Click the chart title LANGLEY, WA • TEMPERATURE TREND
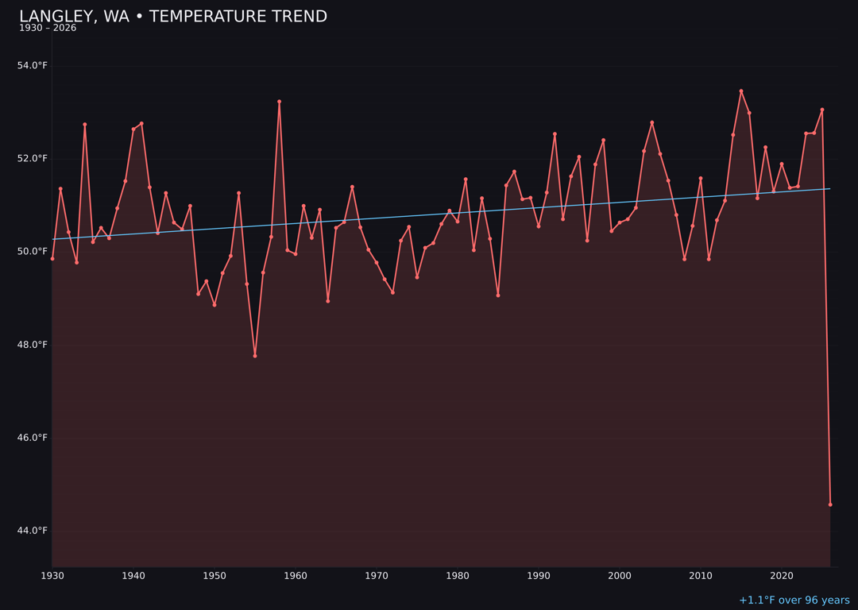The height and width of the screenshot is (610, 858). pos(173,17)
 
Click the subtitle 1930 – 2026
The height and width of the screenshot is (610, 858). pos(48,29)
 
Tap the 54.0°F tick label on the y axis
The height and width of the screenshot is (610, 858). pos(33,66)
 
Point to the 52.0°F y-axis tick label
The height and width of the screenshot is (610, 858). pos(33,159)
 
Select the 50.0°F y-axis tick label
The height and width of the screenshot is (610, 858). pos(33,252)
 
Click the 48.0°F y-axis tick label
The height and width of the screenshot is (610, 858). pos(33,345)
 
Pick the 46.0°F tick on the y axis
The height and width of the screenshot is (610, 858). pos(33,438)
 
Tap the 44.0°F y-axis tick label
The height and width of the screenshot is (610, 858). pos(33,531)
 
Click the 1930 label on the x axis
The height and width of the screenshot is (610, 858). pos(52,576)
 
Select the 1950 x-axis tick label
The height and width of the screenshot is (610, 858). pos(214,576)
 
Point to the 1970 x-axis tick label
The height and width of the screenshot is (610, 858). pos(377,576)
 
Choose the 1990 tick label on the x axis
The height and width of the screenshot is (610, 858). pos(539,576)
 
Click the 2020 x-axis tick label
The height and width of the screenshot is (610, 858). pos(782,576)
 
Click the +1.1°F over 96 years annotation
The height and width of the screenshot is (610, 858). pos(794,600)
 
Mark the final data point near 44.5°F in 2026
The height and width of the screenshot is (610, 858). pos(830,504)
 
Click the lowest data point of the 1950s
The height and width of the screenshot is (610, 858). pos(255,356)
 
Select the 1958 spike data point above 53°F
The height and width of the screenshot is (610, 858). pos(279,102)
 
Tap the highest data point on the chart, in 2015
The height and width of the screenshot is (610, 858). pos(741,91)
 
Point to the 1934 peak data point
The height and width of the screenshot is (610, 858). pos(85,125)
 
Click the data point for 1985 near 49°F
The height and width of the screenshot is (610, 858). pos(498,295)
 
